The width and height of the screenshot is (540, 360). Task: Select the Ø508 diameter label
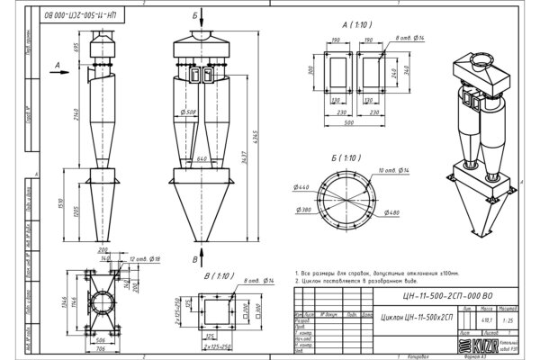tap(189, 112)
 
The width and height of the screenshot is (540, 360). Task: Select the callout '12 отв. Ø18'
tap(144, 258)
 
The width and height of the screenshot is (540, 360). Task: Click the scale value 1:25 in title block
tap(509, 318)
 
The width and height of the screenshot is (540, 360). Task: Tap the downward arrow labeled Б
tap(195, 22)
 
